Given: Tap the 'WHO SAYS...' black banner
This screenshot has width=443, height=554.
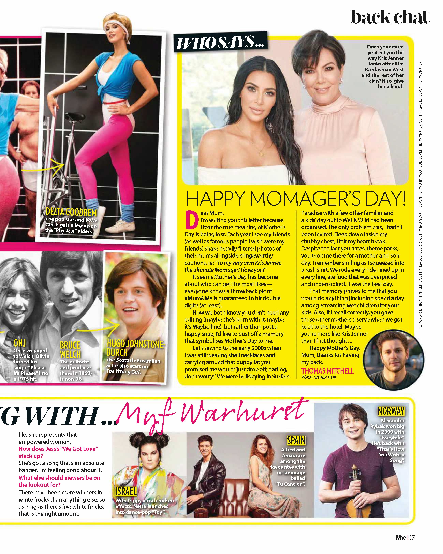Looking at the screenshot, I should pyautogui.click(x=220, y=42).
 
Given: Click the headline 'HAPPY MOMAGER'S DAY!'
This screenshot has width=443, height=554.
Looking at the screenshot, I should pyautogui.click(x=295, y=199).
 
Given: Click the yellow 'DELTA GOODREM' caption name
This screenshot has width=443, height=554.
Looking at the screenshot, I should pyautogui.click(x=71, y=212).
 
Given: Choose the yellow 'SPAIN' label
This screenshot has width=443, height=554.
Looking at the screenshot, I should pyautogui.click(x=296, y=440).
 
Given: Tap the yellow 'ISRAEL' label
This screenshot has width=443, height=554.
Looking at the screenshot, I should pyautogui.click(x=126, y=491).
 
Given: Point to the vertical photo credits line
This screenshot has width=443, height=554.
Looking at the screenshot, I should pyautogui.click(x=420, y=195).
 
